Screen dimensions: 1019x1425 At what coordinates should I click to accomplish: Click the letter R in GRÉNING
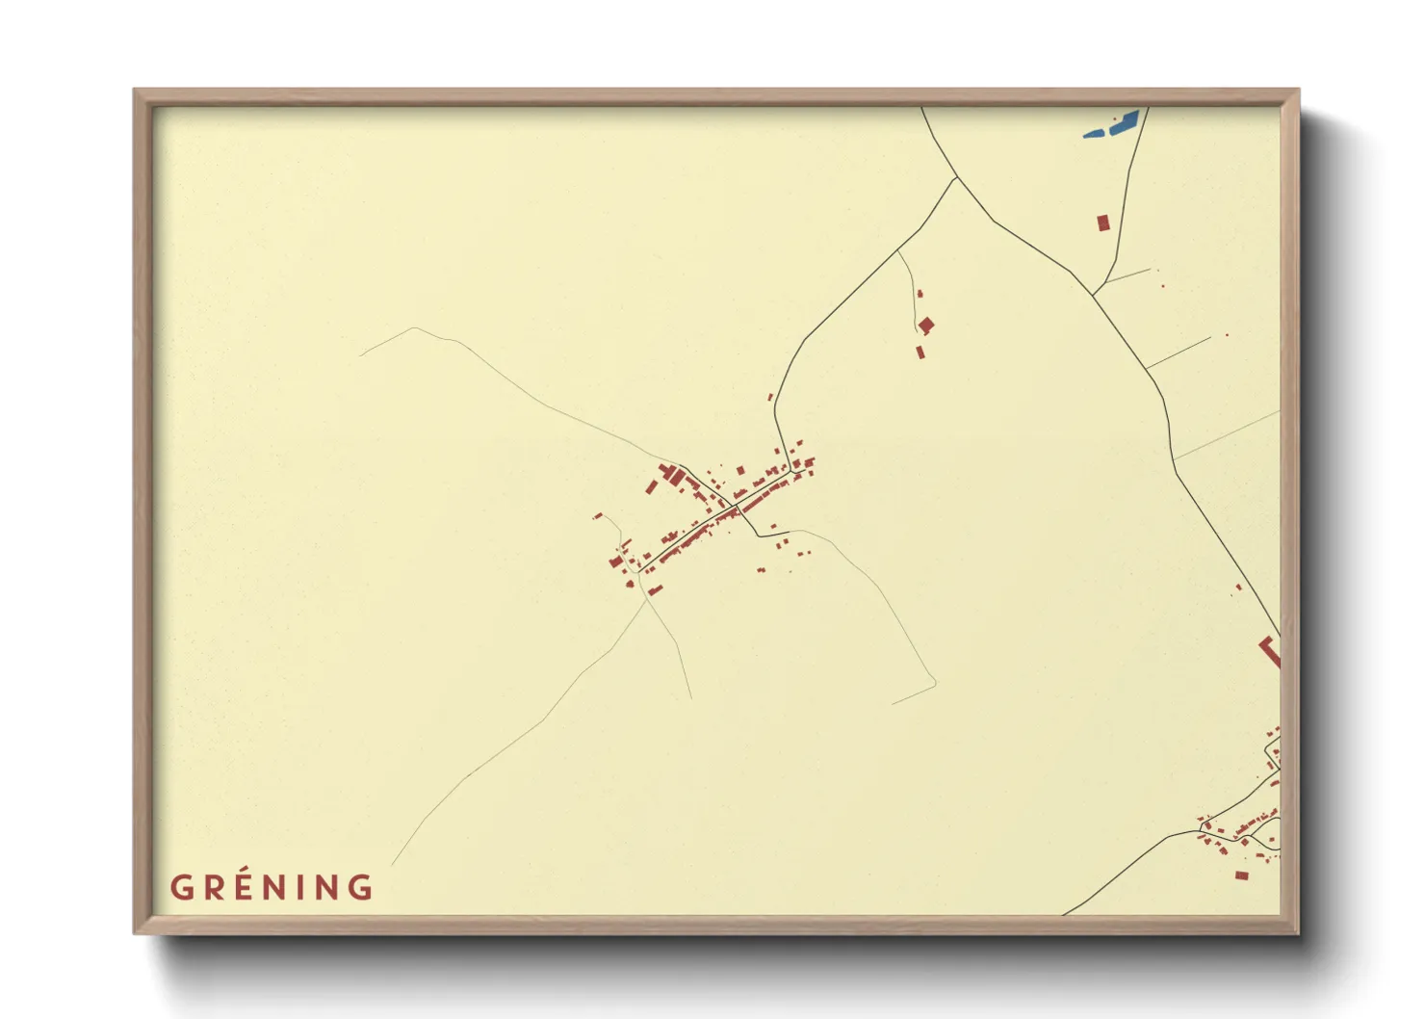(213, 887)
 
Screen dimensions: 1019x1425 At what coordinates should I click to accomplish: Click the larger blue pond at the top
(1125, 121)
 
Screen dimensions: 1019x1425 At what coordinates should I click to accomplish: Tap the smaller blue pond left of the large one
(1094, 133)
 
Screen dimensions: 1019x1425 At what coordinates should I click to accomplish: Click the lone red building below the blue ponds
(1102, 222)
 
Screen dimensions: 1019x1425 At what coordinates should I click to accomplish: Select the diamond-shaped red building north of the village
(926, 326)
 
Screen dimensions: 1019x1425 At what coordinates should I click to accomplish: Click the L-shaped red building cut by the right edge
(1272, 652)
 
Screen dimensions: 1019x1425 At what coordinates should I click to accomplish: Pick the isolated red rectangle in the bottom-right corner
(1241, 875)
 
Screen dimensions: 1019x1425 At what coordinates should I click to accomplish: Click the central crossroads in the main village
(737, 506)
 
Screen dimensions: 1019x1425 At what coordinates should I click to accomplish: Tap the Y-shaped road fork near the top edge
(955, 178)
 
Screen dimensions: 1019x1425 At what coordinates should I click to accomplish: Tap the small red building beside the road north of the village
(769, 397)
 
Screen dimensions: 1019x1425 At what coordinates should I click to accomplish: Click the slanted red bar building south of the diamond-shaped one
(920, 352)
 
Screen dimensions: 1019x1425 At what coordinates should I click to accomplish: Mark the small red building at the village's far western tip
(597, 517)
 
